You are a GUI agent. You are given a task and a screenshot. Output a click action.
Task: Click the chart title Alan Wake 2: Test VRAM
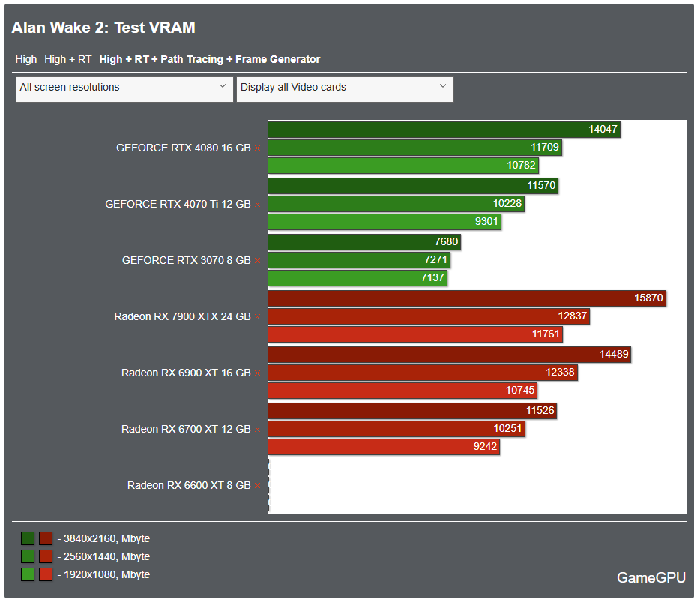[103, 28]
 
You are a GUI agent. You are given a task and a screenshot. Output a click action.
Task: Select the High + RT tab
[67, 59]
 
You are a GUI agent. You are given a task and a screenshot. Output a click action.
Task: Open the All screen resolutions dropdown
[123, 88]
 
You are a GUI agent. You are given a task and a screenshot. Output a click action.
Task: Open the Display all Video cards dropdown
[345, 88]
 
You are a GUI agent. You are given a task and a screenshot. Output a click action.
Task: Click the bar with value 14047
[444, 130]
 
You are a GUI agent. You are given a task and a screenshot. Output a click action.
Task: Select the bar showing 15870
[467, 298]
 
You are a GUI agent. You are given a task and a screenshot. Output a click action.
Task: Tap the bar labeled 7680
[364, 242]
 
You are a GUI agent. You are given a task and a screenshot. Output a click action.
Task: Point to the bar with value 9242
[383, 447]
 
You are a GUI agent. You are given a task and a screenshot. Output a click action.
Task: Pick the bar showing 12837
[429, 316]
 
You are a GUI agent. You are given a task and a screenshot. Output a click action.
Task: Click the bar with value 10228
[396, 203]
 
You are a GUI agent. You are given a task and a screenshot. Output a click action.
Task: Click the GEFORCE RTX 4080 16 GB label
[183, 148]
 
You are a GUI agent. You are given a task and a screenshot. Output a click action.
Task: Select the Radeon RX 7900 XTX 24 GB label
[182, 317]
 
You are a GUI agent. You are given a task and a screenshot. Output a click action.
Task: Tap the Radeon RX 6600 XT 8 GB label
[189, 486]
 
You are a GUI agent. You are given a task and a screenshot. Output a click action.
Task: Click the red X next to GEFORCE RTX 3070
[258, 261]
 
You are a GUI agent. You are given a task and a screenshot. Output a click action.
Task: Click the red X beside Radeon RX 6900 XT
[258, 373]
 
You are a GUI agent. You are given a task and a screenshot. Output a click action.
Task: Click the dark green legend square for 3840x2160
[28, 538]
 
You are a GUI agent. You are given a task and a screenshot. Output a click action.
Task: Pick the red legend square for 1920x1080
[46, 574]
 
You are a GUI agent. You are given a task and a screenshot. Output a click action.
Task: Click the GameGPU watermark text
[651, 577]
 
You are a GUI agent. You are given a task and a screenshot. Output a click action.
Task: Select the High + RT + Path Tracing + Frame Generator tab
[209, 59]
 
